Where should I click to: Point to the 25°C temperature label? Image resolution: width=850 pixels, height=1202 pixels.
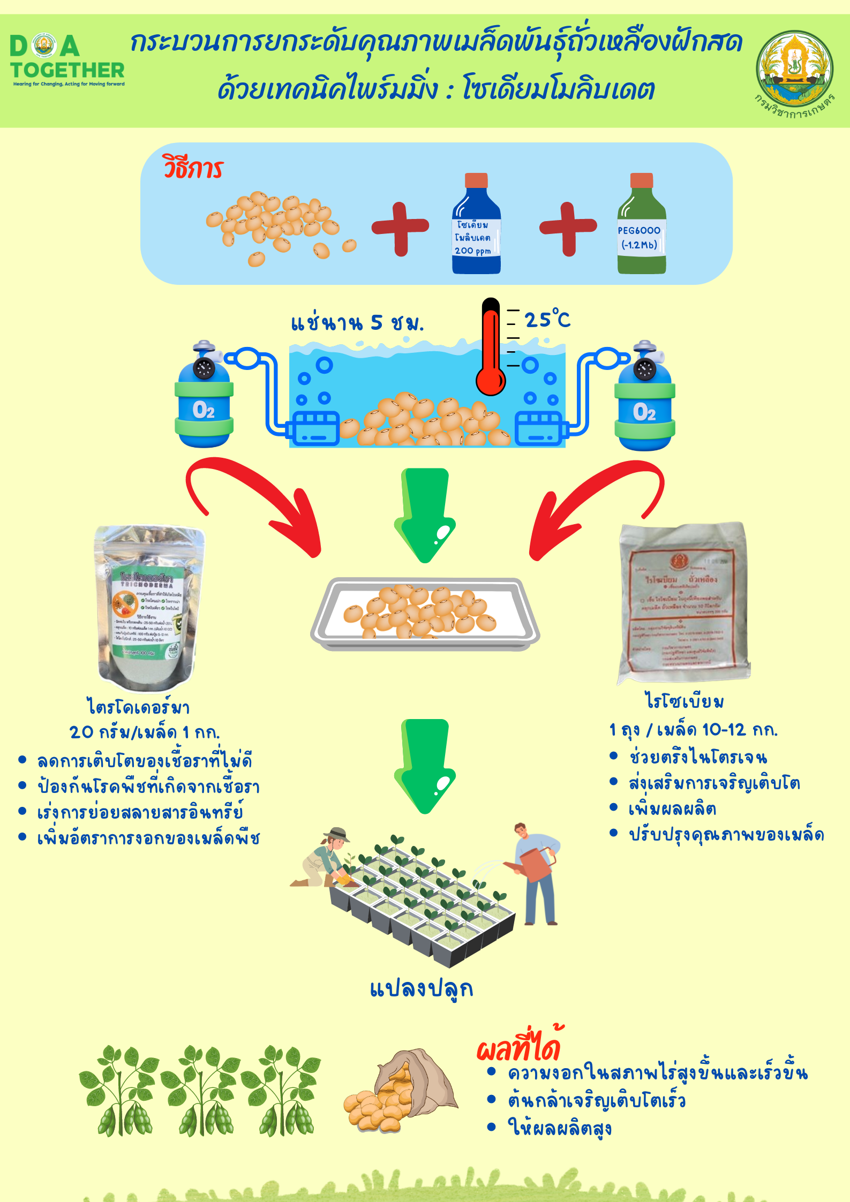click(x=547, y=320)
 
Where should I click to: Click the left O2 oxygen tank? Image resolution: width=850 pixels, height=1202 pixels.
click(x=204, y=396)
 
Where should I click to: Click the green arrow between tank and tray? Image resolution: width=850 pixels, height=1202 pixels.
click(x=425, y=514)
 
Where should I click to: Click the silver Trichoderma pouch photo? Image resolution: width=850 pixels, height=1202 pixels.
click(x=148, y=608)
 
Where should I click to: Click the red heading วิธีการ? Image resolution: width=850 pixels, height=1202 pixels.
click(x=193, y=169)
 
